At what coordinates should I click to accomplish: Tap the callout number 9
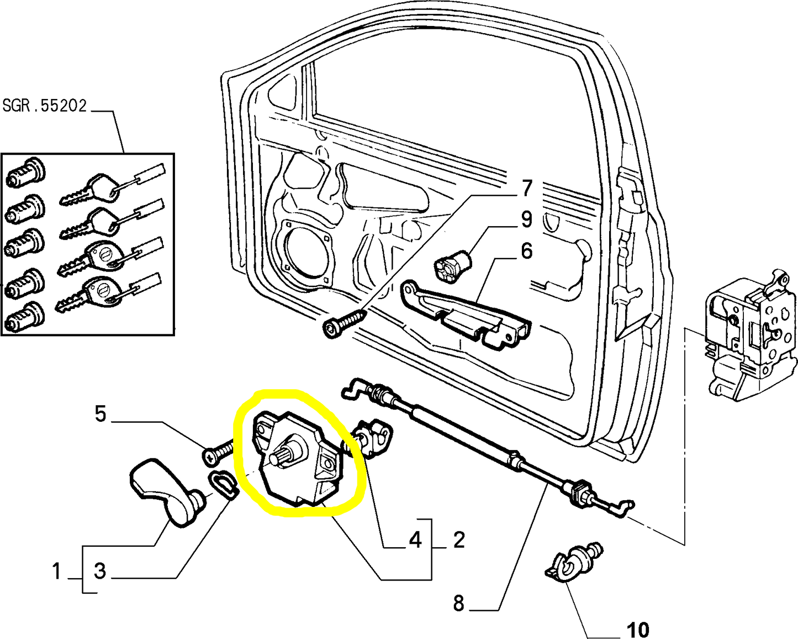click(x=526, y=219)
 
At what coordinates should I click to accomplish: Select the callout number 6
click(x=526, y=251)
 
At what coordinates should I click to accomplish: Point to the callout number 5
click(x=100, y=413)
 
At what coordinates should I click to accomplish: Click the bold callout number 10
click(x=638, y=629)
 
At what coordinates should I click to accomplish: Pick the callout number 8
click(x=458, y=603)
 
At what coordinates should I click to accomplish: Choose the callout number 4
click(x=415, y=540)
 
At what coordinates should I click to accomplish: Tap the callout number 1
click(x=56, y=571)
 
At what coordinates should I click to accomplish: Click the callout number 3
click(x=100, y=571)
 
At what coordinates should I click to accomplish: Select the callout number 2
click(x=459, y=540)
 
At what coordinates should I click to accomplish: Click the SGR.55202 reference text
click(x=45, y=106)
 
